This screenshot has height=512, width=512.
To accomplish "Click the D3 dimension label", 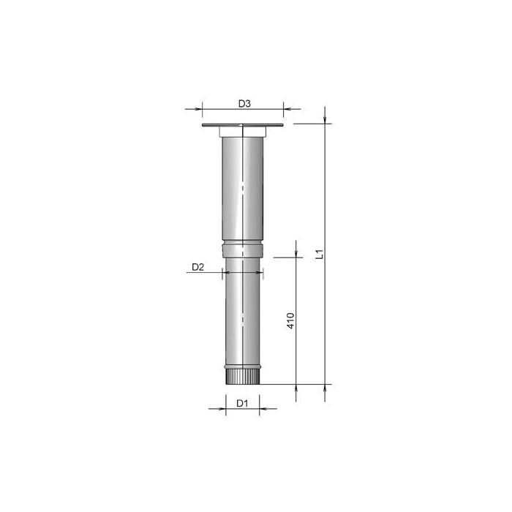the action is pos(244,104).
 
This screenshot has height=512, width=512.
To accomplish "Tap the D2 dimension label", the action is pos(197,267).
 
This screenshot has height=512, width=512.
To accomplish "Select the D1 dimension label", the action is pos(242,404).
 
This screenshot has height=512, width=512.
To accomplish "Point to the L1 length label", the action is pos(320,254).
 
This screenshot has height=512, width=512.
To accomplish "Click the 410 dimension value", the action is pos(290,320).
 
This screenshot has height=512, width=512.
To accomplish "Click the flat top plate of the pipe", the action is pos(243,125).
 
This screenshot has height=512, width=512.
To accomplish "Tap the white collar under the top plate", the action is pos(243,132).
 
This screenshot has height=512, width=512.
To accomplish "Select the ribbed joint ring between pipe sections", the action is pos(243,249).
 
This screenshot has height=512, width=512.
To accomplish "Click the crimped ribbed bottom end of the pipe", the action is pos(243,375).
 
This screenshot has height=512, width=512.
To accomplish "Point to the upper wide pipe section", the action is pos(243,189).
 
